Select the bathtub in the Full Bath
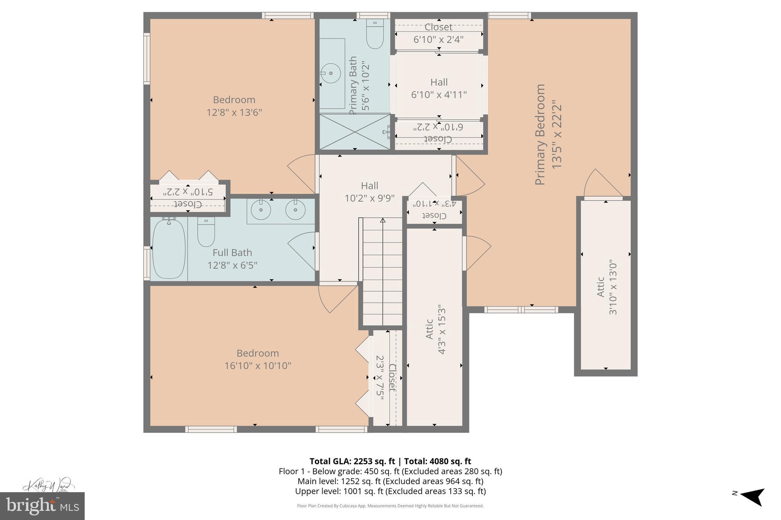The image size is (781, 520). [169, 249]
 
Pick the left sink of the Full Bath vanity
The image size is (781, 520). [261, 210]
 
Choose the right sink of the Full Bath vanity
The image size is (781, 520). [295, 210]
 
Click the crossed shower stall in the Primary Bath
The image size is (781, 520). [355, 132]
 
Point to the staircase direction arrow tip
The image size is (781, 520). [382, 220]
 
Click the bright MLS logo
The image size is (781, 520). [42, 506]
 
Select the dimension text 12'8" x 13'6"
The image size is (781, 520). [234, 113]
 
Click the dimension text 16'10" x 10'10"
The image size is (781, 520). [258, 366]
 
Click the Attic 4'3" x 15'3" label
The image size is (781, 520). [435, 329]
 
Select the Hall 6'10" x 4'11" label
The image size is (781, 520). [439, 88]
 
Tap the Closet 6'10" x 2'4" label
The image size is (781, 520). [439, 33]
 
